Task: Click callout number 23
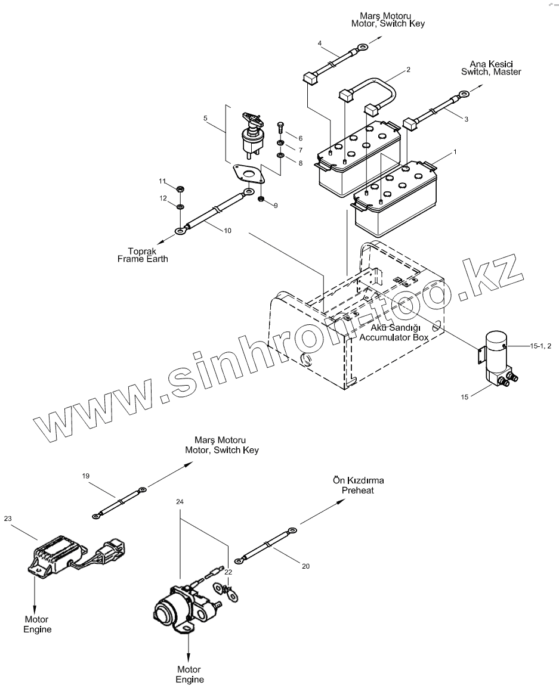click(x=8, y=518)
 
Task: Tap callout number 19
click(x=85, y=475)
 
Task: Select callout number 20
click(x=305, y=566)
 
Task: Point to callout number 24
click(x=180, y=502)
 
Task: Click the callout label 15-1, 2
click(x=540, y=346)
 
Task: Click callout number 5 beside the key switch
click(x=205, y=118)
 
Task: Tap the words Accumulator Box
click(x=394, y=337)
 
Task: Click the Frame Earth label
click(x=143, y=259)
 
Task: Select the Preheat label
click(x=358, y=490)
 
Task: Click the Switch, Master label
click(x=491, y=72)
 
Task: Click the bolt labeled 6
click(x=280, y=128)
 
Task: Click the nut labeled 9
click(x=261, y=198)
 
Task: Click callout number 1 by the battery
click(x=455, y=152)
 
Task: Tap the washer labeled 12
click(x=180, y=206)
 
